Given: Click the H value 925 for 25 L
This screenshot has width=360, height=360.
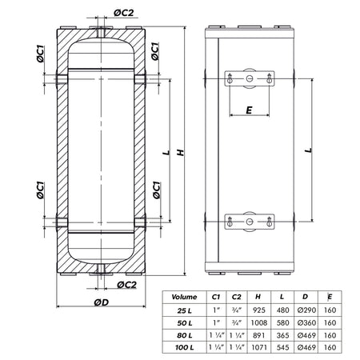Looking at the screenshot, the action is coord(258,310).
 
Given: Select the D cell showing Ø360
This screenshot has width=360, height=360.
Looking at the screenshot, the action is coord(306,322).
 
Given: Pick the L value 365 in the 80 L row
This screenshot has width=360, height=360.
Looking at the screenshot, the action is coord(282,335).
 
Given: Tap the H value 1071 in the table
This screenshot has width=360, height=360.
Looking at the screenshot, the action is coord(258,347).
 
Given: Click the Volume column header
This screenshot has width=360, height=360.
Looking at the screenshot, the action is coord(184,297).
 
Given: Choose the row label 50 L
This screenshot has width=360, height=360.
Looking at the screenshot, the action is coord(185,323).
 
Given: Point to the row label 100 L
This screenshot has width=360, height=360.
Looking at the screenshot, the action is coord(185,347).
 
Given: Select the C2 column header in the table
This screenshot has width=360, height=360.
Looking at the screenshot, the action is coord(236,297).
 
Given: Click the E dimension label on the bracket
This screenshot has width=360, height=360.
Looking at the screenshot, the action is coord(249,110).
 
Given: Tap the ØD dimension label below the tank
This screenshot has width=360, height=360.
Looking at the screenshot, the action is coord(102,302).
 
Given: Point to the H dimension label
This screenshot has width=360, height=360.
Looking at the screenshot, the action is coord(181,153).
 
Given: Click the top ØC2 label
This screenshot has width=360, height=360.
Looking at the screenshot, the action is coord(123,13).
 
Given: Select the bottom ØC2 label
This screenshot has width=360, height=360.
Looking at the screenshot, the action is coord(126,285).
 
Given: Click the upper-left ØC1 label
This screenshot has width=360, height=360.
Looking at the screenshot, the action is coord(40,54).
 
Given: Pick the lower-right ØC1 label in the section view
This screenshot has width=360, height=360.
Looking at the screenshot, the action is coord(157,190).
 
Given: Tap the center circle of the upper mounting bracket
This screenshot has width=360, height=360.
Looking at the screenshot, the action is coord(250,78).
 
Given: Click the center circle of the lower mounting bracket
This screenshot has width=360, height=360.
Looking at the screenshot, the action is coord(250,222).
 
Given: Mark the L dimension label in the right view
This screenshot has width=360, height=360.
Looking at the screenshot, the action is coord(309,150).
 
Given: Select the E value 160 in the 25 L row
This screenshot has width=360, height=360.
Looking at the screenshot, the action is coord(330,310).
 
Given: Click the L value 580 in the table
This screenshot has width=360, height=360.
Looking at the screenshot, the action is coord(282,322).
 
